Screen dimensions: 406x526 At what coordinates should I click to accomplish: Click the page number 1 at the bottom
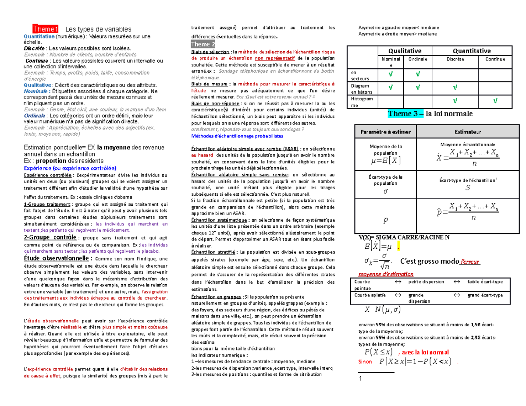pyautogui.click(x=360, y=379)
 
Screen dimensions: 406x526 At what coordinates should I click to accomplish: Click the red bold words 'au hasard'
pyautogui.click(x=201, y=155)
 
